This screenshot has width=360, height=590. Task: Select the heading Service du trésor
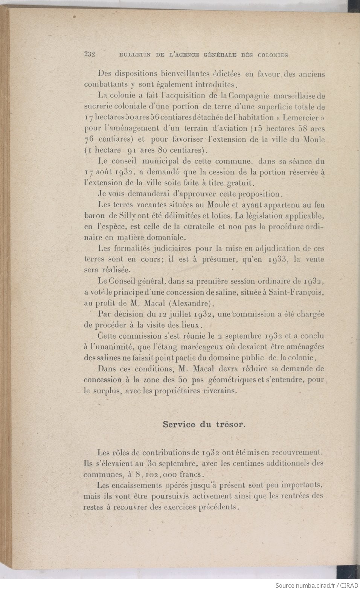[204, 424]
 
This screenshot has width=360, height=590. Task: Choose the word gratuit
[241, 183]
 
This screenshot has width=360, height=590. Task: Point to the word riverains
[220, 391]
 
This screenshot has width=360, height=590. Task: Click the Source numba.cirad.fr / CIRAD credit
[316, 585]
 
